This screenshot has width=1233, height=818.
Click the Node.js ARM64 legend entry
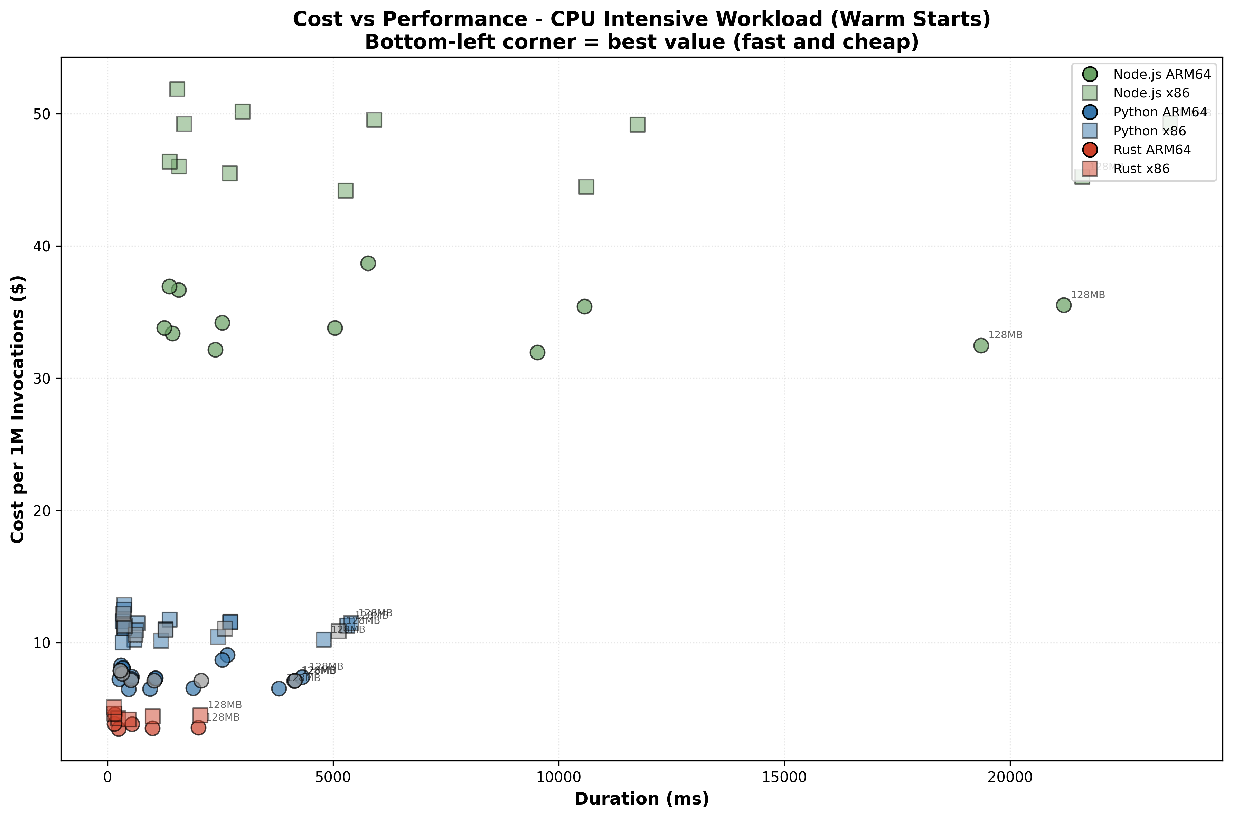click(x=1161, y=74)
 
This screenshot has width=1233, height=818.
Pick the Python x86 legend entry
click(x=1149, y=131)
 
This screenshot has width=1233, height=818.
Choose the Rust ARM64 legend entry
click(x=1151, y=150)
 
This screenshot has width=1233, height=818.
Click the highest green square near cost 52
click(x=177, y=89)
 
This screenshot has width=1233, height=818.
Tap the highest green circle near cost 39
click(x=368, y=264)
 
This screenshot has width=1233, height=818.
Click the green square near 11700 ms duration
click(x=637, y=125)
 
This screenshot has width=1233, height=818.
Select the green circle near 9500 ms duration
click(x=537, y=353)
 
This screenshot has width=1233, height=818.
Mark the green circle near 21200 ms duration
click(x=1063, y=305)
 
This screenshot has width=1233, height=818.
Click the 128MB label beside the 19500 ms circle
click(x=1005, y=335)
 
